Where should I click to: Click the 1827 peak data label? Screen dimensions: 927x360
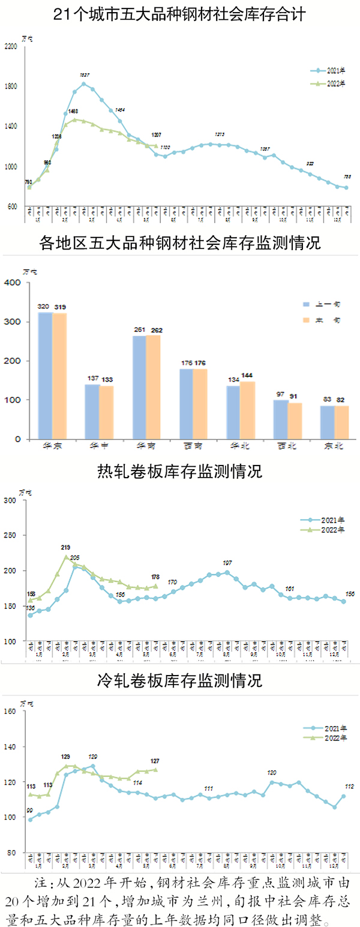click(x=85, y=75)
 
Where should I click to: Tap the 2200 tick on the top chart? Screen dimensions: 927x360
click(x=11, y=46)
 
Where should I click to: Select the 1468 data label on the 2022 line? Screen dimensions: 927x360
click(x=73, y=111)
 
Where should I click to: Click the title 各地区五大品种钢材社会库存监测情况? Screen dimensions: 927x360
click(x=180, y=243)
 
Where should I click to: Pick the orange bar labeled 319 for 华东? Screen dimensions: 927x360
click(x=60, y=376)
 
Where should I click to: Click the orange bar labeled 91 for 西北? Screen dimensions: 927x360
click(x=294, y=421)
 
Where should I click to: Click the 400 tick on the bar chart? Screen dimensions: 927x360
click(x=13, y=283)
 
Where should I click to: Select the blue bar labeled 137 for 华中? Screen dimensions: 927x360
click(x=92, y=411)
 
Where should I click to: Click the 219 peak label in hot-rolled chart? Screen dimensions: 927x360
click(x=66, y=548)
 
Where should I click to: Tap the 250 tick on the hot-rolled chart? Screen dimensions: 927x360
click(x=11, y=535)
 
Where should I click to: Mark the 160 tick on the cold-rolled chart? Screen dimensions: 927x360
click(x=11, y=712)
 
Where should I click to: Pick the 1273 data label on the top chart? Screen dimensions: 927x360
click(x=220, y=134)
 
